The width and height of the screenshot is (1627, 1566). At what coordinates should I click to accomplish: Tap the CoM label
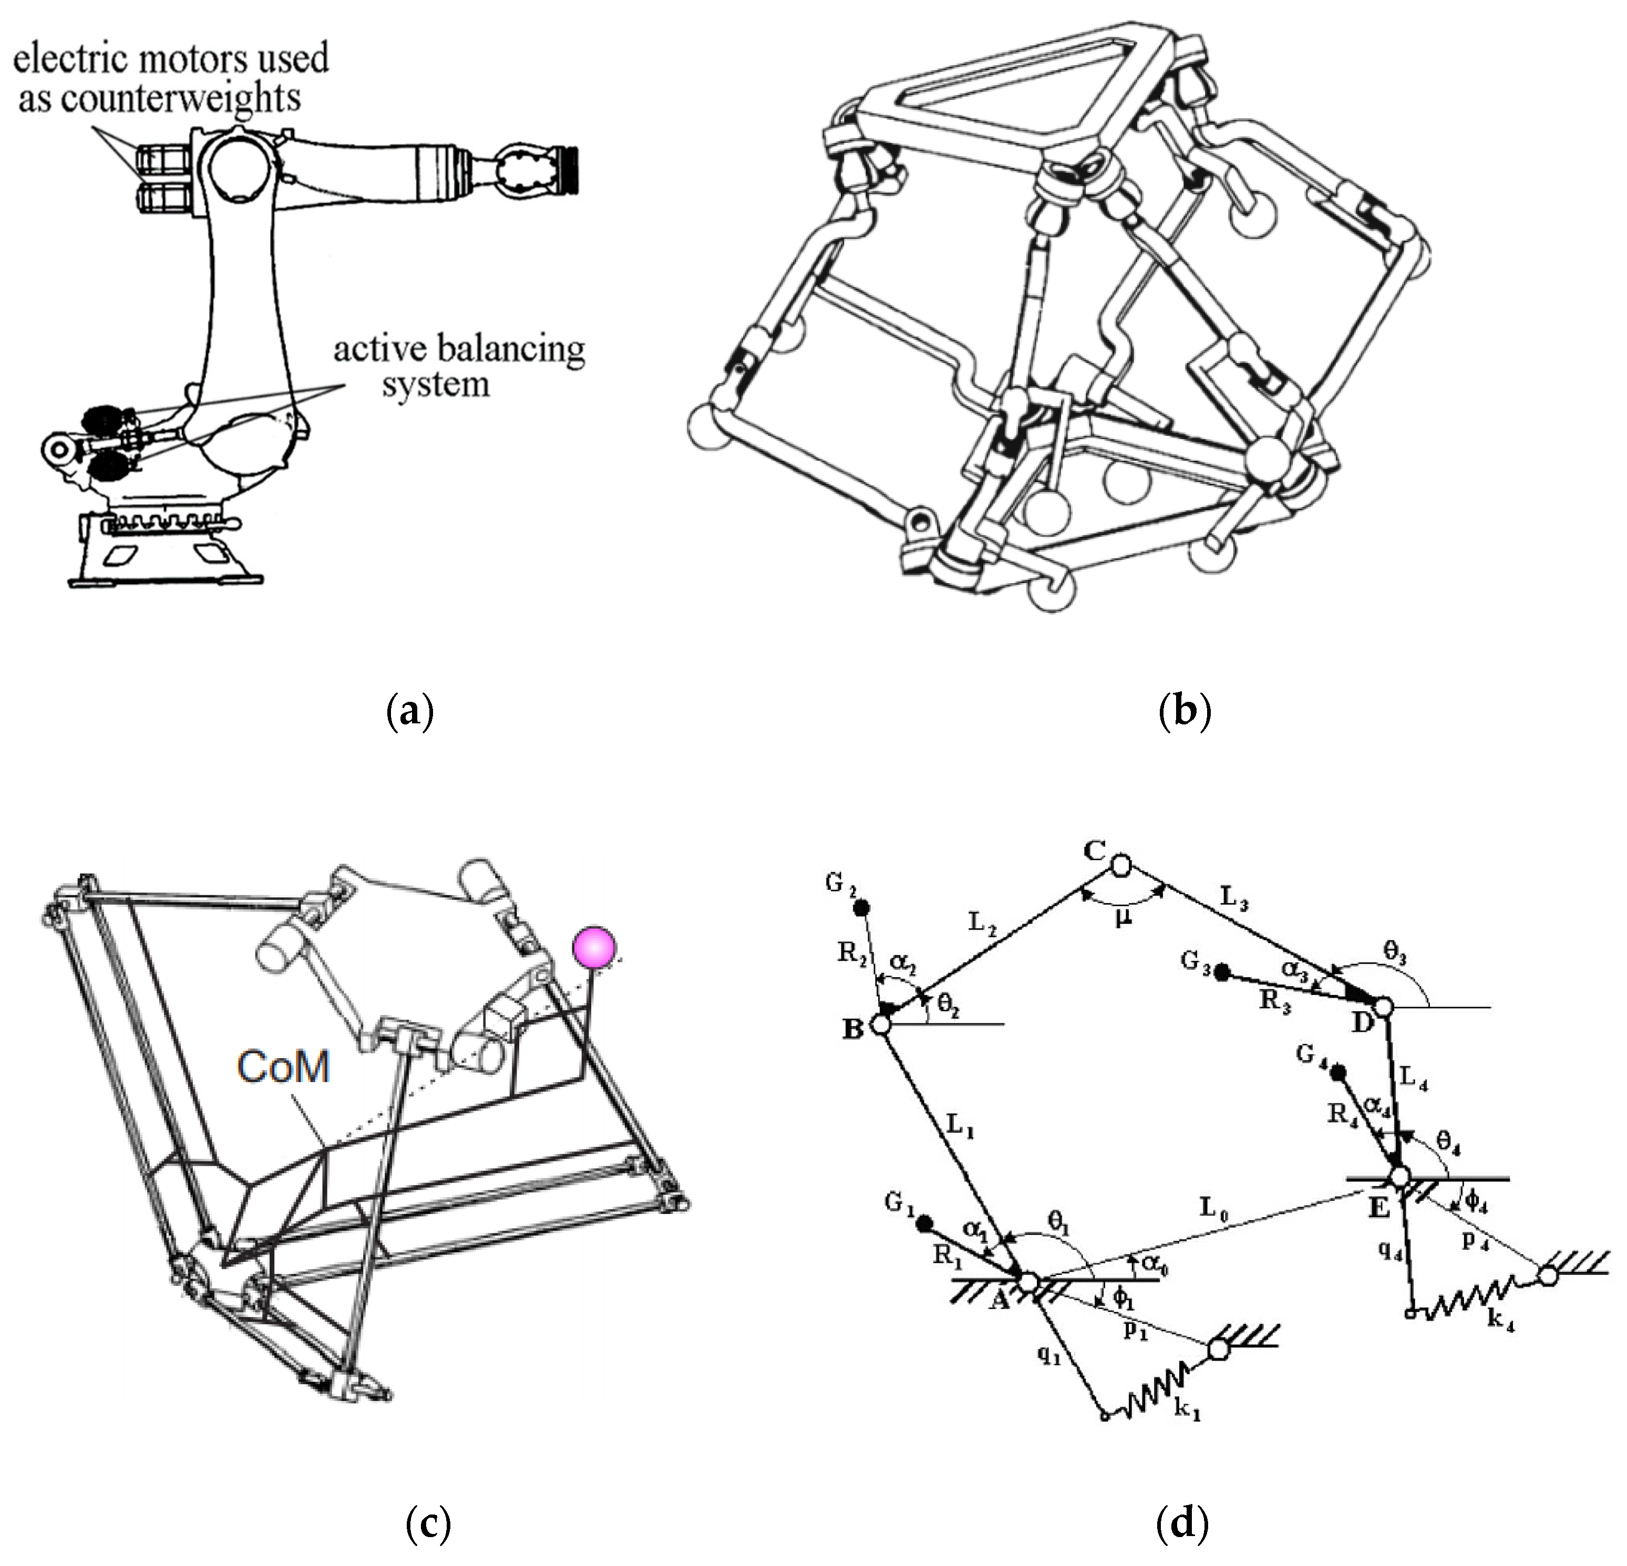(284, 1066)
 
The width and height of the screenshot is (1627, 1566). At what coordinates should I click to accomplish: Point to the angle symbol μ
(1123, 919)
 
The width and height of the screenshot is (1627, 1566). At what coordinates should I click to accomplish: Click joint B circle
(881, 1025)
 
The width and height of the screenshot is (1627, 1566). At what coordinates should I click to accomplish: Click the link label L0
(1213, 1209)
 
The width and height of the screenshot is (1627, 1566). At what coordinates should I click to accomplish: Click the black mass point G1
(923, 1223)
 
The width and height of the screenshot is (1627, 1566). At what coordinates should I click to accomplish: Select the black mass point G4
(1337, 1073)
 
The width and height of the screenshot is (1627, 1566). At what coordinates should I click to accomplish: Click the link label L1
(961, 1128)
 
